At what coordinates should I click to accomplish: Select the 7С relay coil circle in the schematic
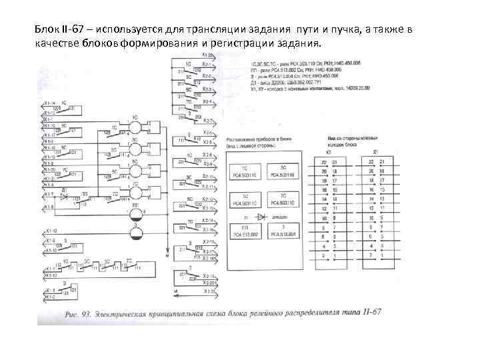click(136, 193)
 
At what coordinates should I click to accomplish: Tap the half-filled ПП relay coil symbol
click(136, 213)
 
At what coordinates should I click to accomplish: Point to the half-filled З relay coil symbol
click(136, 233)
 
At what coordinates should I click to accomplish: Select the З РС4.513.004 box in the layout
click(283, 231)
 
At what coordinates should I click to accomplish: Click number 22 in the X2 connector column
click(324, 162)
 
